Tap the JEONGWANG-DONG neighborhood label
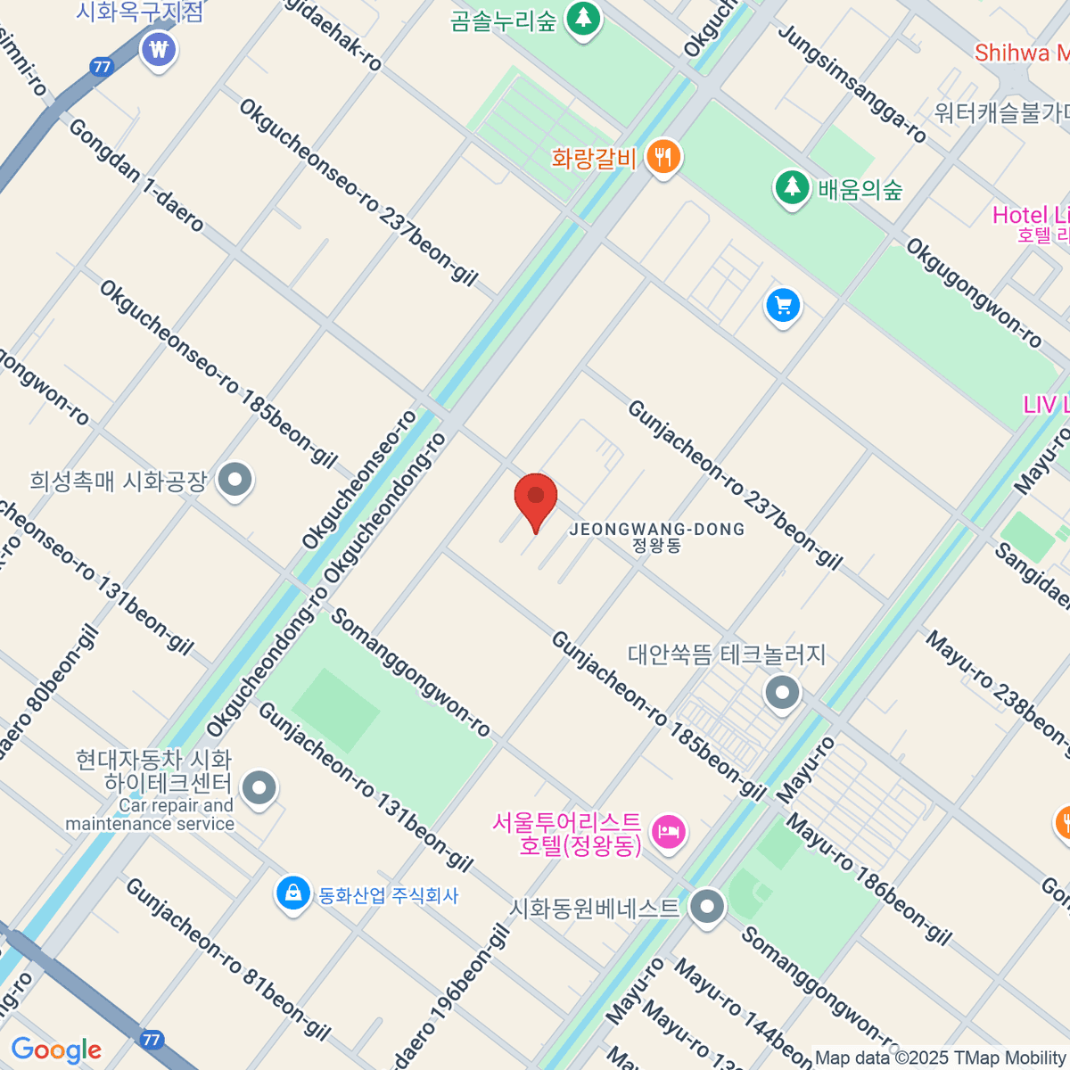click(x=656, y=530)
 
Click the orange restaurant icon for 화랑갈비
click(x=663, y=157)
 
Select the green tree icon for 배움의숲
click(x=791, y=187)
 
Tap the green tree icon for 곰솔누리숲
click(x=583, y=17)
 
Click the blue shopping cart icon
click(x=783, y=306)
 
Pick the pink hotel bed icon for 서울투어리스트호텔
click(x=669, y=833)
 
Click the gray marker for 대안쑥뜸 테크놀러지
click(x=783, y=692)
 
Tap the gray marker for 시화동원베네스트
click(x=708, y=907)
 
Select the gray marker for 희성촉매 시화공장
click(x=235, y=481)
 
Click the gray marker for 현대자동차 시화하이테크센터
click(x=260, y=787)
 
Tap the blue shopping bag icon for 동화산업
click(x=292, y=893)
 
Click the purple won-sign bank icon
click(x=159, y=49)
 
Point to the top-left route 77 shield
click(x=102, y=67)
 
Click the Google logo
click(x=56, y=1049)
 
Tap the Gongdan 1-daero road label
click(x=136, y=175)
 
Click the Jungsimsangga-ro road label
click(x=852, y=84)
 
